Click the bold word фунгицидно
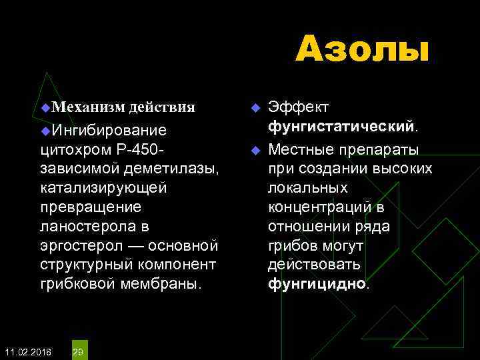pos(317,284)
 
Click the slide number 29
pos(78,351)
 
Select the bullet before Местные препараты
pos(253,149)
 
